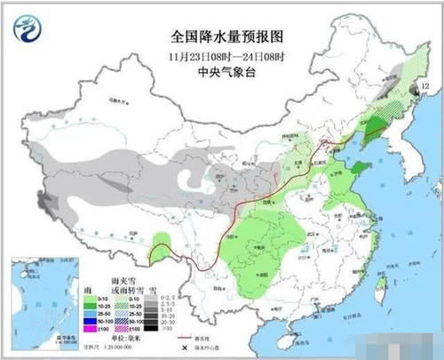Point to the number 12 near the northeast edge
coord(424,85)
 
